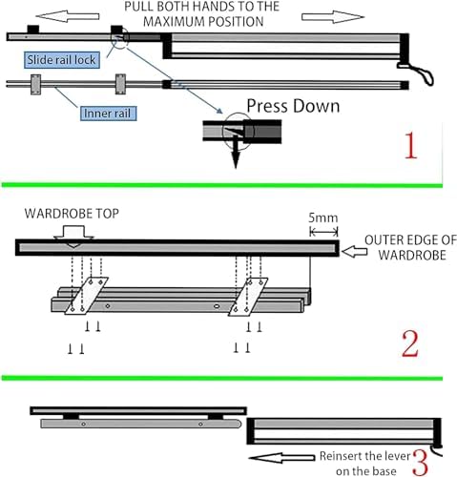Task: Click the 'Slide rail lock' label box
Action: [x=62, y=60]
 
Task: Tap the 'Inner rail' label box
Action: [x=108, y=114]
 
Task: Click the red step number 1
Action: [x=410, y=146]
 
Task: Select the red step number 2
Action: [x=410, y=343]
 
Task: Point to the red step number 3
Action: [x=421, y=463]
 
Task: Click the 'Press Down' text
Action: [x=293, y=106]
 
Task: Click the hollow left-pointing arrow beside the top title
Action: [x=67, y=16]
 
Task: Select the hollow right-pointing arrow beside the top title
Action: [x=333, y=16]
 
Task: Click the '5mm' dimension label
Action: [x=323, y=218]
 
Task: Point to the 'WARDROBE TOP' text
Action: [x=72, y=214]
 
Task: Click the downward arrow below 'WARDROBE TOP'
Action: [x=73, y=237]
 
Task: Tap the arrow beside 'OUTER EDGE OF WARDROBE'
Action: [x=354, y=252]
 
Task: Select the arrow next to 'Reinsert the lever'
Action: [x=281, y=458]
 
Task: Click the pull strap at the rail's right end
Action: [x=417, y=73]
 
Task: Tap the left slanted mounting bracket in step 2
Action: [x=87, y=296]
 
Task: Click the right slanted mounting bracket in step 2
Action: [x=248, y=297]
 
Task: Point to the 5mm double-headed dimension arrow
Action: [x=323, y=232]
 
